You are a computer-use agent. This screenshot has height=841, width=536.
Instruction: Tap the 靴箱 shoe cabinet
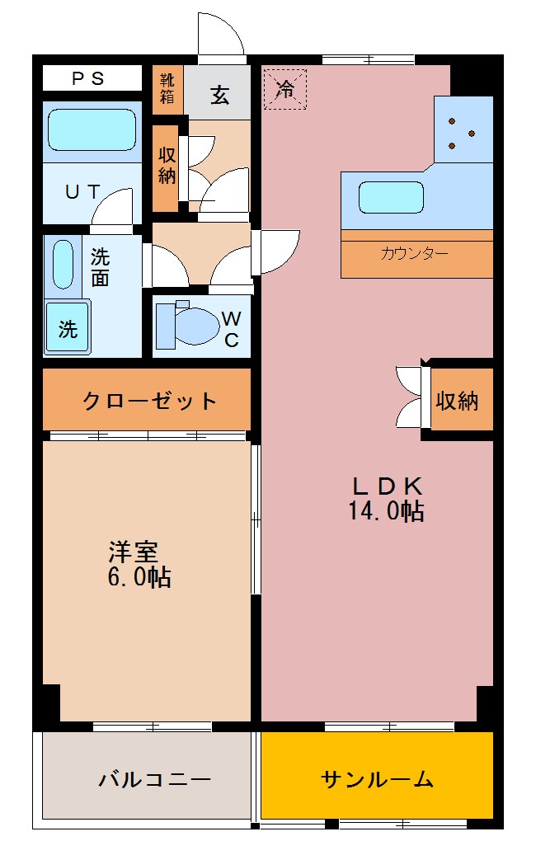167,89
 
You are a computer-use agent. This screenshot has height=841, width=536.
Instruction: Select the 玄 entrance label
219,95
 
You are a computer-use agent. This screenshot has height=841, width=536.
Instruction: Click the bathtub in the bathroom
91,129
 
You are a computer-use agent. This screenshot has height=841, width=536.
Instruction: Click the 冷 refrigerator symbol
284,89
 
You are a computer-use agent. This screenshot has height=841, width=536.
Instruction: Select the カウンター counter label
415,253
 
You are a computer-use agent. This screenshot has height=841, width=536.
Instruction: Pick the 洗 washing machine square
67,328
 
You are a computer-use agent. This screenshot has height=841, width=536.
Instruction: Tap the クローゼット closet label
149,402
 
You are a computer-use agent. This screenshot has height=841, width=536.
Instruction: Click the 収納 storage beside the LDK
457,401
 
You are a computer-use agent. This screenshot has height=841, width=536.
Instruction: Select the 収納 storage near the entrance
167,166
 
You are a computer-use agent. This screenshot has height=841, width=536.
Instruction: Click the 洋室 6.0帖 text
139,563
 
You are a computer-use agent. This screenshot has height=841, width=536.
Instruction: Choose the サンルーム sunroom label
377,778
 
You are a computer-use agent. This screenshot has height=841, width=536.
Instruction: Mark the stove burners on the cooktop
461,133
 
